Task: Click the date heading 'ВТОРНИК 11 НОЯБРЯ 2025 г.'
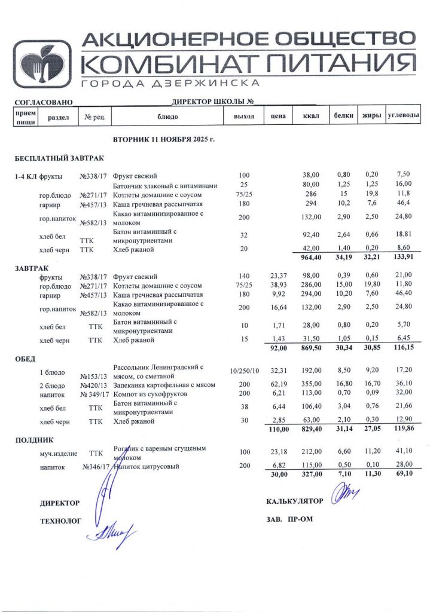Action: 163,140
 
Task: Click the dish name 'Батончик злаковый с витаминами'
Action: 164,185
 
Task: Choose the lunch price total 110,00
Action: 277,429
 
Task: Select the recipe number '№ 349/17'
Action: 93,394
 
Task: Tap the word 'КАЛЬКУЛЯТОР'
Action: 295,501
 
